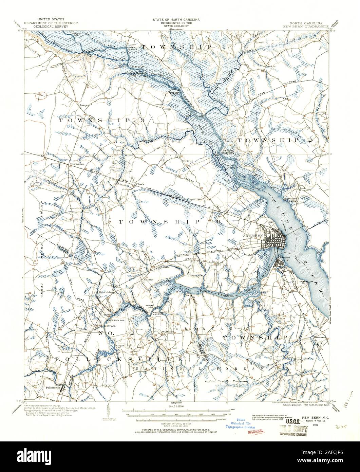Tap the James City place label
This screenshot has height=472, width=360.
284,259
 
